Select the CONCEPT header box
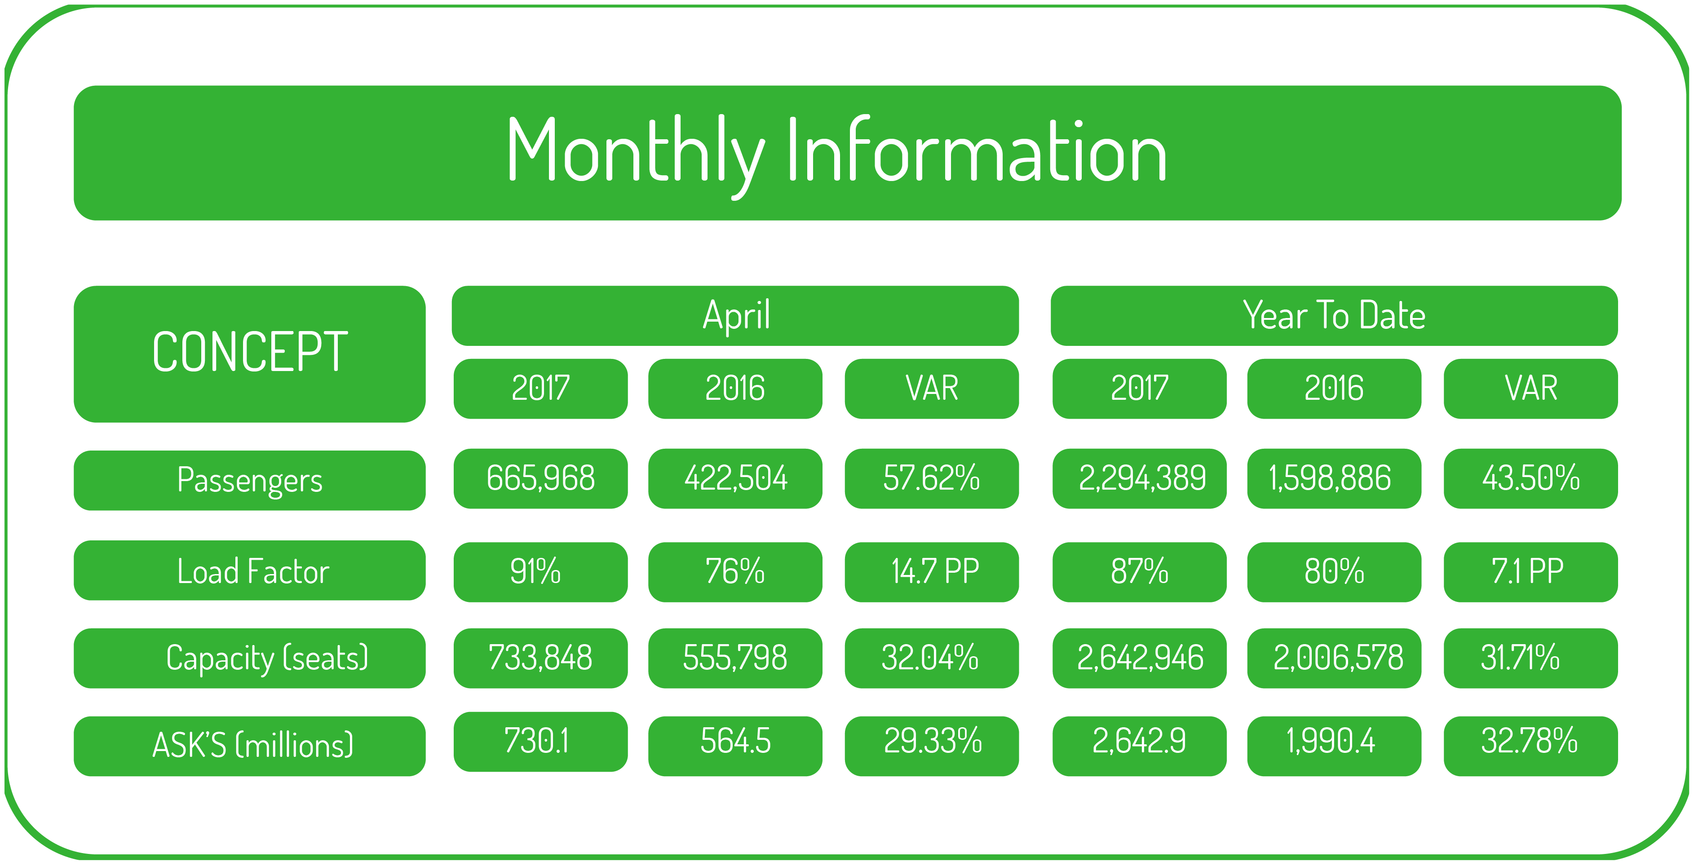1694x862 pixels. coord(249,354)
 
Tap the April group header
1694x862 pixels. coord(735,316)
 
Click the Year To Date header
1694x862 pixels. coord(1334,316)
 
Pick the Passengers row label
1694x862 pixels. coord(249,480)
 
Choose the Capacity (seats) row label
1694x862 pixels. coord(249,658)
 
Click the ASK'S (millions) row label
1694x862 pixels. coord(249,746)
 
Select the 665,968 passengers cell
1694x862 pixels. coord(540,479)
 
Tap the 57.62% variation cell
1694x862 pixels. coord(932,479)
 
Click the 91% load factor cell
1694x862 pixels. coord(540,572)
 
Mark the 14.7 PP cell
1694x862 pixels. coord(932,572)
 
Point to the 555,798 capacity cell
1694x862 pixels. coord(735,658)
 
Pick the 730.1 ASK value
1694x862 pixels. coord(540,742)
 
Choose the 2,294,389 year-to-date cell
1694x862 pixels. coord(1140,479)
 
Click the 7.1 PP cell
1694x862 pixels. coord(1531,572)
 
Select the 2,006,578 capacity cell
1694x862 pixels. coord(1334,658)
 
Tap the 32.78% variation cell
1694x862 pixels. coord(1531,746)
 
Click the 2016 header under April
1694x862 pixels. coord(735,389)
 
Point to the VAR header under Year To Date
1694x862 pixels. coord(1531,389)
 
